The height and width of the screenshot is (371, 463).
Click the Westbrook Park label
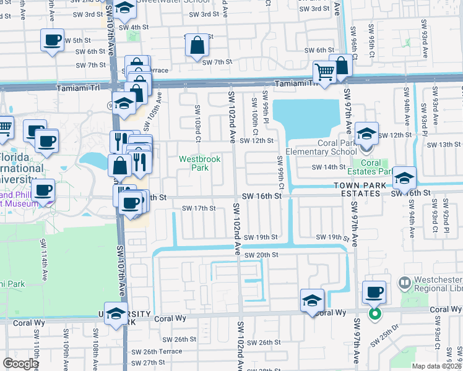click(x=200, y=163)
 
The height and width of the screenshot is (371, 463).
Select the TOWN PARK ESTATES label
click(x=357, y=189)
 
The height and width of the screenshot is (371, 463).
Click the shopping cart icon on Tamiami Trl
click(x=324, y=72)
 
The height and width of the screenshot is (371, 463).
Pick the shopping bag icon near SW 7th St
click(x=196, y=45)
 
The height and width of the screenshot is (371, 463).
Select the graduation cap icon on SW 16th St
click(x=404, y=178)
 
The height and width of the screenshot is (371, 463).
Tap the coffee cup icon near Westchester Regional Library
click(x=373, y=292)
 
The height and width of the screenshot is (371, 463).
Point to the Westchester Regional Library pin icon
click(x=405, y=284)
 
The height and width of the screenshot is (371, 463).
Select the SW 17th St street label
click(x=199, y=208)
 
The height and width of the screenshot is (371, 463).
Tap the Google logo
click(x=20, y=364)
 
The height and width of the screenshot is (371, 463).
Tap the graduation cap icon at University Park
click(x=116, y=314)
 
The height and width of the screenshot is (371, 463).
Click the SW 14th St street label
click(x=328, y=167)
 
